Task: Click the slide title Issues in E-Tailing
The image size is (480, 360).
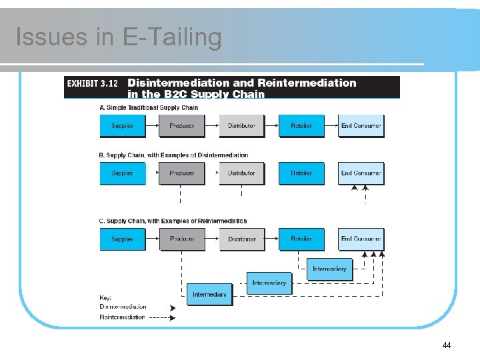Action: (x=118, y=37)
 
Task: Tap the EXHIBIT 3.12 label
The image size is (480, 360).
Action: (x=91, y=83)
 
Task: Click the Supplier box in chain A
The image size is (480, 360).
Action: (x=122, y=126)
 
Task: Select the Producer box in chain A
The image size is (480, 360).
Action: (x=181, y=126)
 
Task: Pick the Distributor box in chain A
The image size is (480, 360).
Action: (x=241, y=126)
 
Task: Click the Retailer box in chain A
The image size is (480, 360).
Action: (x=301, y=126)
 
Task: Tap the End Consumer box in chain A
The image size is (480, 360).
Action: (x=361, y=126)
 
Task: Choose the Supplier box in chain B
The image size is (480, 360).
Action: (x=122, y=173)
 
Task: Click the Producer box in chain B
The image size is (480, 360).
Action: (x=181, y=173)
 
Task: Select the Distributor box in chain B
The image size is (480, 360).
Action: (x=241, y=173)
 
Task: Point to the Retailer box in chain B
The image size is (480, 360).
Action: (x=301, y=173)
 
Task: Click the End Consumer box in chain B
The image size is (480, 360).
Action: (x=361, y=173)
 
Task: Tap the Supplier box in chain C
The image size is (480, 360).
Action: (x=122, y=239)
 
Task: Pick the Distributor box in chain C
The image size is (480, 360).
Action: (x=241, y=239)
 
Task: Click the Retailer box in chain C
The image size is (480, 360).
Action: (x=301, y=239)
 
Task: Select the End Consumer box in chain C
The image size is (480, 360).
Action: (x=361, y=239)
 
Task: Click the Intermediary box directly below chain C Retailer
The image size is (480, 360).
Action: (x=329, y=269)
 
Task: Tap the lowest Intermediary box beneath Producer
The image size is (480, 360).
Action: (x=209, y=295)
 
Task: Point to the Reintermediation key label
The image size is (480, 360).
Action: (x=122, y=317)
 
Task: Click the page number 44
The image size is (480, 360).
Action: (x=447, y=345)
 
